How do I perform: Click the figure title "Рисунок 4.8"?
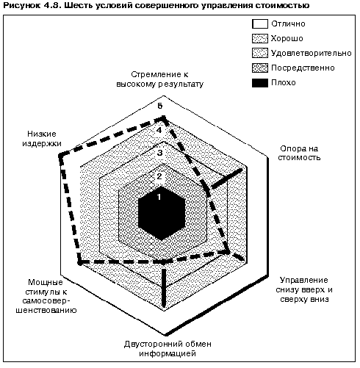click(30, 5)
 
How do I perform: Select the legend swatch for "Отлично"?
click(260, 24)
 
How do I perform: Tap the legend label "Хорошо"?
click(287, 38)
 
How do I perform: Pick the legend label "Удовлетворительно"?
click(312, 53)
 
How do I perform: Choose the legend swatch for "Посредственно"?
click(260, 68)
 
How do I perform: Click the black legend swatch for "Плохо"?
click(260, 83)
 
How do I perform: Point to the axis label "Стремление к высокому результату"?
click(159, 79)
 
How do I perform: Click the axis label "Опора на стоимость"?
click(299, 153)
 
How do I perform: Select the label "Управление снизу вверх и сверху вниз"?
click(304, 289)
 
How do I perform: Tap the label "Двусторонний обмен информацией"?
click(168, 349)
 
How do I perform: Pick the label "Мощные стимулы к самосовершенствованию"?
click(46, 296)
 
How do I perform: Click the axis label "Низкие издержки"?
click(42, 138)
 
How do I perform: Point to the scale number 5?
click(160, 106)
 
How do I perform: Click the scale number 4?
click(159, 130)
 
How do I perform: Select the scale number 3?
click(159, 153)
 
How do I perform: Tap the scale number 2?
click(159, 176)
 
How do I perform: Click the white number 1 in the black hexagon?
click(159, 197)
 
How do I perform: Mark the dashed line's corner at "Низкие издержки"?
click(60, 156)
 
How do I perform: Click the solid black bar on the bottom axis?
click(164, 288)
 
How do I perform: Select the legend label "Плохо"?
click(284, 82)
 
